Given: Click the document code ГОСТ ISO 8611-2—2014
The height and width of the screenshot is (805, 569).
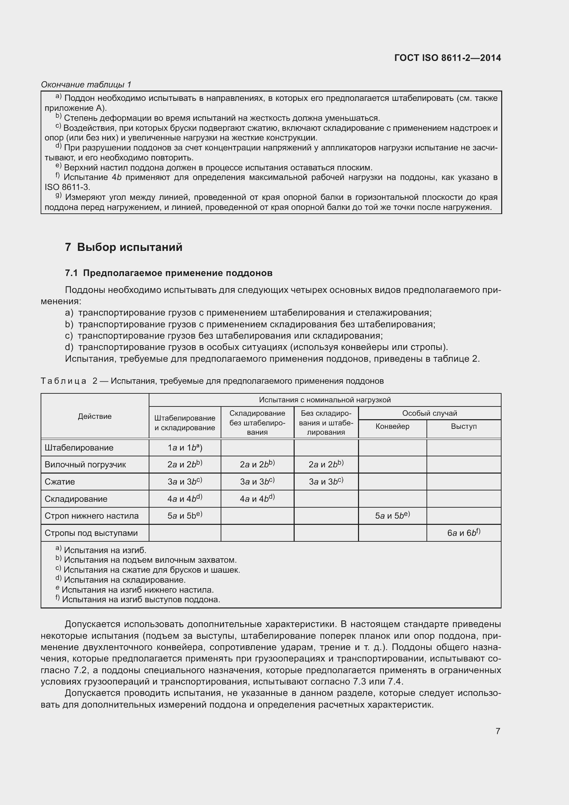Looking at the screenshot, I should (x=447, y=58).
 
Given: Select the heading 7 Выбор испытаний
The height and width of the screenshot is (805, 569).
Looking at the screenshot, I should (x=124, y=247).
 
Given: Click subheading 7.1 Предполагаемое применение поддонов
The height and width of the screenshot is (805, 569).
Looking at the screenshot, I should (x=169, y=273).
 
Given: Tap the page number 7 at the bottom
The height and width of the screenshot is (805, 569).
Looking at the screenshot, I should (x=497, y=731).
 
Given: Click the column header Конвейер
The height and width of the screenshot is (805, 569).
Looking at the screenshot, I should (x=392, y=427).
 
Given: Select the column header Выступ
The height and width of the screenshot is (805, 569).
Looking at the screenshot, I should (x=463, y=427).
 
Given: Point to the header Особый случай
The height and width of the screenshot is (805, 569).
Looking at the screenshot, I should (x=430, y=413).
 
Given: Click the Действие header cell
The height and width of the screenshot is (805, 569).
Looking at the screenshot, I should (x=95, y=416).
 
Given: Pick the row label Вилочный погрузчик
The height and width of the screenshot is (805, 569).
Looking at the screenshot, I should (x=85, y=465).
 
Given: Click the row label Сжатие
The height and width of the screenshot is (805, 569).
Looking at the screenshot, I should (x=60, y=482).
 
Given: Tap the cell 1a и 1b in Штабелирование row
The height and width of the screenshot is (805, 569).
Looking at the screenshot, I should (x=185, y=448).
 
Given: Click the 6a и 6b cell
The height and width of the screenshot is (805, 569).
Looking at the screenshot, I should (x=463, y=533).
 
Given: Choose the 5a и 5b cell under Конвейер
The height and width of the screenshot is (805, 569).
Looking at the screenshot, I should (x=392, y=516).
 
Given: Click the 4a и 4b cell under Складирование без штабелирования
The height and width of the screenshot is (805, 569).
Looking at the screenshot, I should (x=257, y=499).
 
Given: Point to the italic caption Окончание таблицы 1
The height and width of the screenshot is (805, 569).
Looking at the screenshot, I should (x=86, y=85).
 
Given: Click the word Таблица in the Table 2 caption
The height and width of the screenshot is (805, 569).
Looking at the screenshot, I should (x=63, y=381).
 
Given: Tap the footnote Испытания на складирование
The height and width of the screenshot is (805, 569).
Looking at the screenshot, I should (x=125, y=580).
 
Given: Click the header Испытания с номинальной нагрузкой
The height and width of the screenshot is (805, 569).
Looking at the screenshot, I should (x=325, y=400).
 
